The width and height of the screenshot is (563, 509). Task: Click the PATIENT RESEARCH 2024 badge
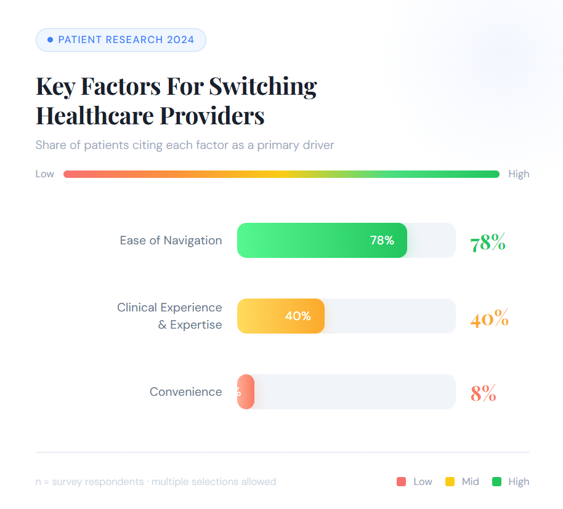[x=121, y=40]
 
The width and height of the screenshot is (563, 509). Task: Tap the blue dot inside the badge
[x=51, y=40]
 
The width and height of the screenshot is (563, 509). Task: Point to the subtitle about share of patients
[x=185, y=145]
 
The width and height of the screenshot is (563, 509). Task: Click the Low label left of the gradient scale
[x=45, y=174]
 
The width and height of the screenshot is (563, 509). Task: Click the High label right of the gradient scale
[x=519, y=174]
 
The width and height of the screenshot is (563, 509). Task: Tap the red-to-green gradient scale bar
[x=281, y=174]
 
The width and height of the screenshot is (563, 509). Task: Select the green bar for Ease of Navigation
[x=308, y=240]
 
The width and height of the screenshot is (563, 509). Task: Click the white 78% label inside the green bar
[x=382, y=241]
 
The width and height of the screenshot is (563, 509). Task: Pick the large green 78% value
[x=487, y=242]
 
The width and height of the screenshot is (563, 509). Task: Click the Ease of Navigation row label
[x=171, y=241]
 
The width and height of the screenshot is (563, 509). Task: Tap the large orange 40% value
[x=489, y=319]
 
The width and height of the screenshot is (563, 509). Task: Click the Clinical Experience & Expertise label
[x=169, y=316]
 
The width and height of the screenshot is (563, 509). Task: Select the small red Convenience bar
[x=246, y=392]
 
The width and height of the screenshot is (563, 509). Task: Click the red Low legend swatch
[x=402, y=482]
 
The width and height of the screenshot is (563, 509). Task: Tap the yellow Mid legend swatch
[x=450, y=482]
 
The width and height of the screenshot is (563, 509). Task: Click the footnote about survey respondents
[x=156, y=482]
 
